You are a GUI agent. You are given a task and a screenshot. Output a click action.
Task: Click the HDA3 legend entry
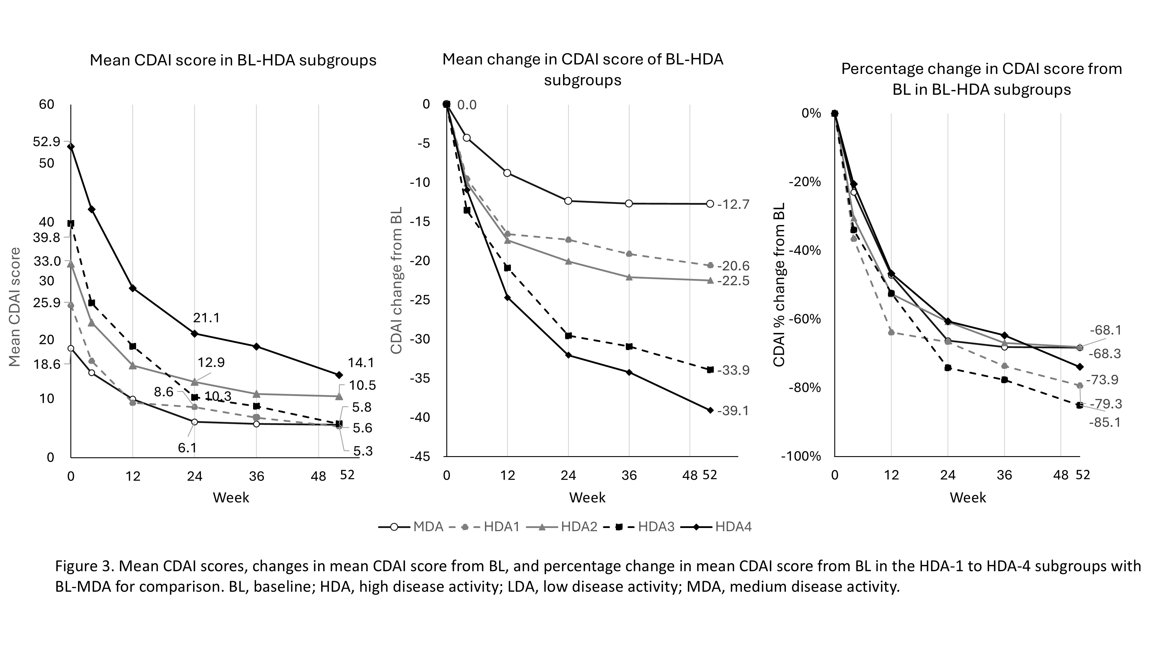click(656, 527)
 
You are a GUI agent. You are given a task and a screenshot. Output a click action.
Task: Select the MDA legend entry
click(428, 527)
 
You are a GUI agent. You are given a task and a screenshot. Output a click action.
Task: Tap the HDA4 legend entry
click(733, 527)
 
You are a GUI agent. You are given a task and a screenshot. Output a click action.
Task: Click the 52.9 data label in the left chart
click(46, 142)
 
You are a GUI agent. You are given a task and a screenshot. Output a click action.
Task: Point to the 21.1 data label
click(206, 318)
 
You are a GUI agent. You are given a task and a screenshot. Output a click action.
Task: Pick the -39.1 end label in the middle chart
click(733, 411)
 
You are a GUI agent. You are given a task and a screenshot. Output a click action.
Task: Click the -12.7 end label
click(733, 204)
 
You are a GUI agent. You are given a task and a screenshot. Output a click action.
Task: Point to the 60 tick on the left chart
click(46, 104)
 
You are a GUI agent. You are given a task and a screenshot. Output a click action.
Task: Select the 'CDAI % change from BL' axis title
click(779, 285)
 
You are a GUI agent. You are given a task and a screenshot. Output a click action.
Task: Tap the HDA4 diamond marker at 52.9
click(71, 146)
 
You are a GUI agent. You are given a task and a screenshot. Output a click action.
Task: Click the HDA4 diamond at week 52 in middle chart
click(710, 410)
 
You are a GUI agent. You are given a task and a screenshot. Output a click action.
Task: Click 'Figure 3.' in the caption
click(85, 566)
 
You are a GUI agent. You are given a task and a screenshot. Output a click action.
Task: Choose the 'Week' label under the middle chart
click(587, 497)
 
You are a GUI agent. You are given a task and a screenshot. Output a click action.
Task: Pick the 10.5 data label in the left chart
click(362, 386)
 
